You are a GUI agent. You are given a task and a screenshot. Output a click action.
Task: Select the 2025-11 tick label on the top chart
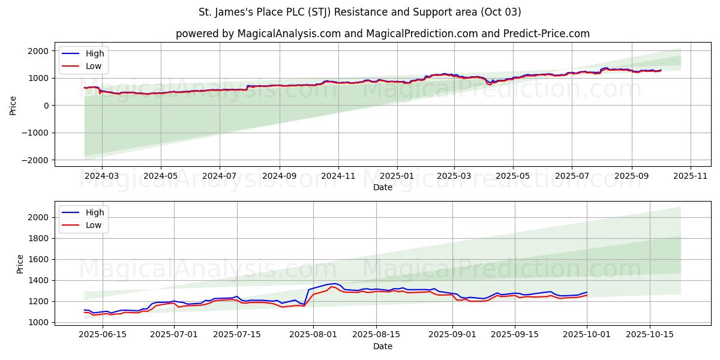[x=691, y=176]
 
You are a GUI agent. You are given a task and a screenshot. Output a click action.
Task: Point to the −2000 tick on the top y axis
[x=38, y=160]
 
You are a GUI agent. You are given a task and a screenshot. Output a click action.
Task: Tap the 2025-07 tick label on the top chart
[x=572, y=176]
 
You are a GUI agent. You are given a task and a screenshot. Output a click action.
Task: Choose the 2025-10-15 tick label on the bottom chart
[x=650, y=335]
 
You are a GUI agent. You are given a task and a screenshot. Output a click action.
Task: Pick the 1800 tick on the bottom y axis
[x=40, y=238]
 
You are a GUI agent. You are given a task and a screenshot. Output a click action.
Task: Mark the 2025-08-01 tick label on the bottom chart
[x=314, y=335]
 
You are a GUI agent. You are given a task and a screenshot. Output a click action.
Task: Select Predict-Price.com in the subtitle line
[x=548, y=34]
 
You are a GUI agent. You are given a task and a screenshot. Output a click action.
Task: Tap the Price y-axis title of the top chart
[x=13, y=105]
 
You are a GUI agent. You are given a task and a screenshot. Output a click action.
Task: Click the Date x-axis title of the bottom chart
[x=383, y=346]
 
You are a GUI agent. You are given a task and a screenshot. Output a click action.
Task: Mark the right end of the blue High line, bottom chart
[x=587, y=292]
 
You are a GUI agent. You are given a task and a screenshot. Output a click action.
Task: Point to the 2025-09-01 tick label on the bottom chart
[x=454, y=335]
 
